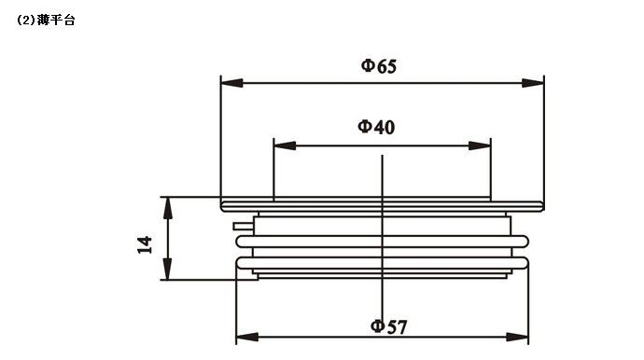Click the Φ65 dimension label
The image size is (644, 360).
click(x=379, y=66)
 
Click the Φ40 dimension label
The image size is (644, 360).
click(x=376, y=127)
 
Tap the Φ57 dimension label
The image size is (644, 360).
click(x=388, y=326)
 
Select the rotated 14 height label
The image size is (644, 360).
click(x=145, y=244)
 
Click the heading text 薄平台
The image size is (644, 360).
click(x=56, y=21)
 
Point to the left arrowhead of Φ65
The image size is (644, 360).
click(x=231, y=83)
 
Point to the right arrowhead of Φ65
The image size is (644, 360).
click(x=533, y=83)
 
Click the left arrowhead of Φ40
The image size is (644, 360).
click(x=285, y=145)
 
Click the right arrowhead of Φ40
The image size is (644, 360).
click(x=480, y=145)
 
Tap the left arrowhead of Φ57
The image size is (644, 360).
click(x=247, y=337)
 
